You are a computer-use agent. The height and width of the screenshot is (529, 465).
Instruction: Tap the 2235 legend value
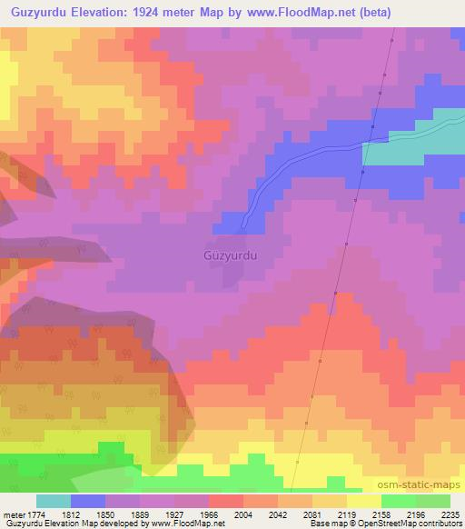click(x=450, y=514)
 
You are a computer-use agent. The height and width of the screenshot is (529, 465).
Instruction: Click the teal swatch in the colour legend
click(x=54, y=501)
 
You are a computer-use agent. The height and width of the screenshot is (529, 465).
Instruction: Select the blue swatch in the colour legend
click(x=88, y=501)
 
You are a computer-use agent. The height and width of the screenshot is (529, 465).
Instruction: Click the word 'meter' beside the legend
click(x=11, y=514)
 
